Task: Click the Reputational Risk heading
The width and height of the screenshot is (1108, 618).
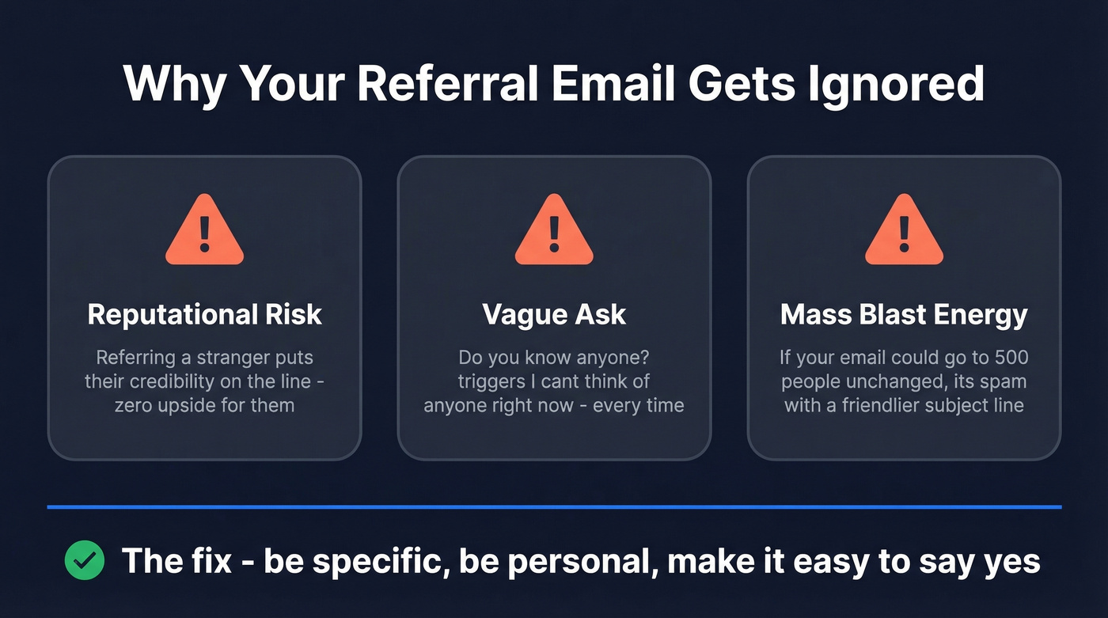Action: [x=204, y=314]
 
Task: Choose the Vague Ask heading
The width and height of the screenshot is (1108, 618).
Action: [x=554, y=314]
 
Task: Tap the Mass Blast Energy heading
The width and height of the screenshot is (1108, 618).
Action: [x=904, y=314]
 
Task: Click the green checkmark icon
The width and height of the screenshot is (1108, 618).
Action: [x=84, y=561]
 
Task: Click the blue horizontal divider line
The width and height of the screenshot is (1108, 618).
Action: [x=554, y=506]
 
